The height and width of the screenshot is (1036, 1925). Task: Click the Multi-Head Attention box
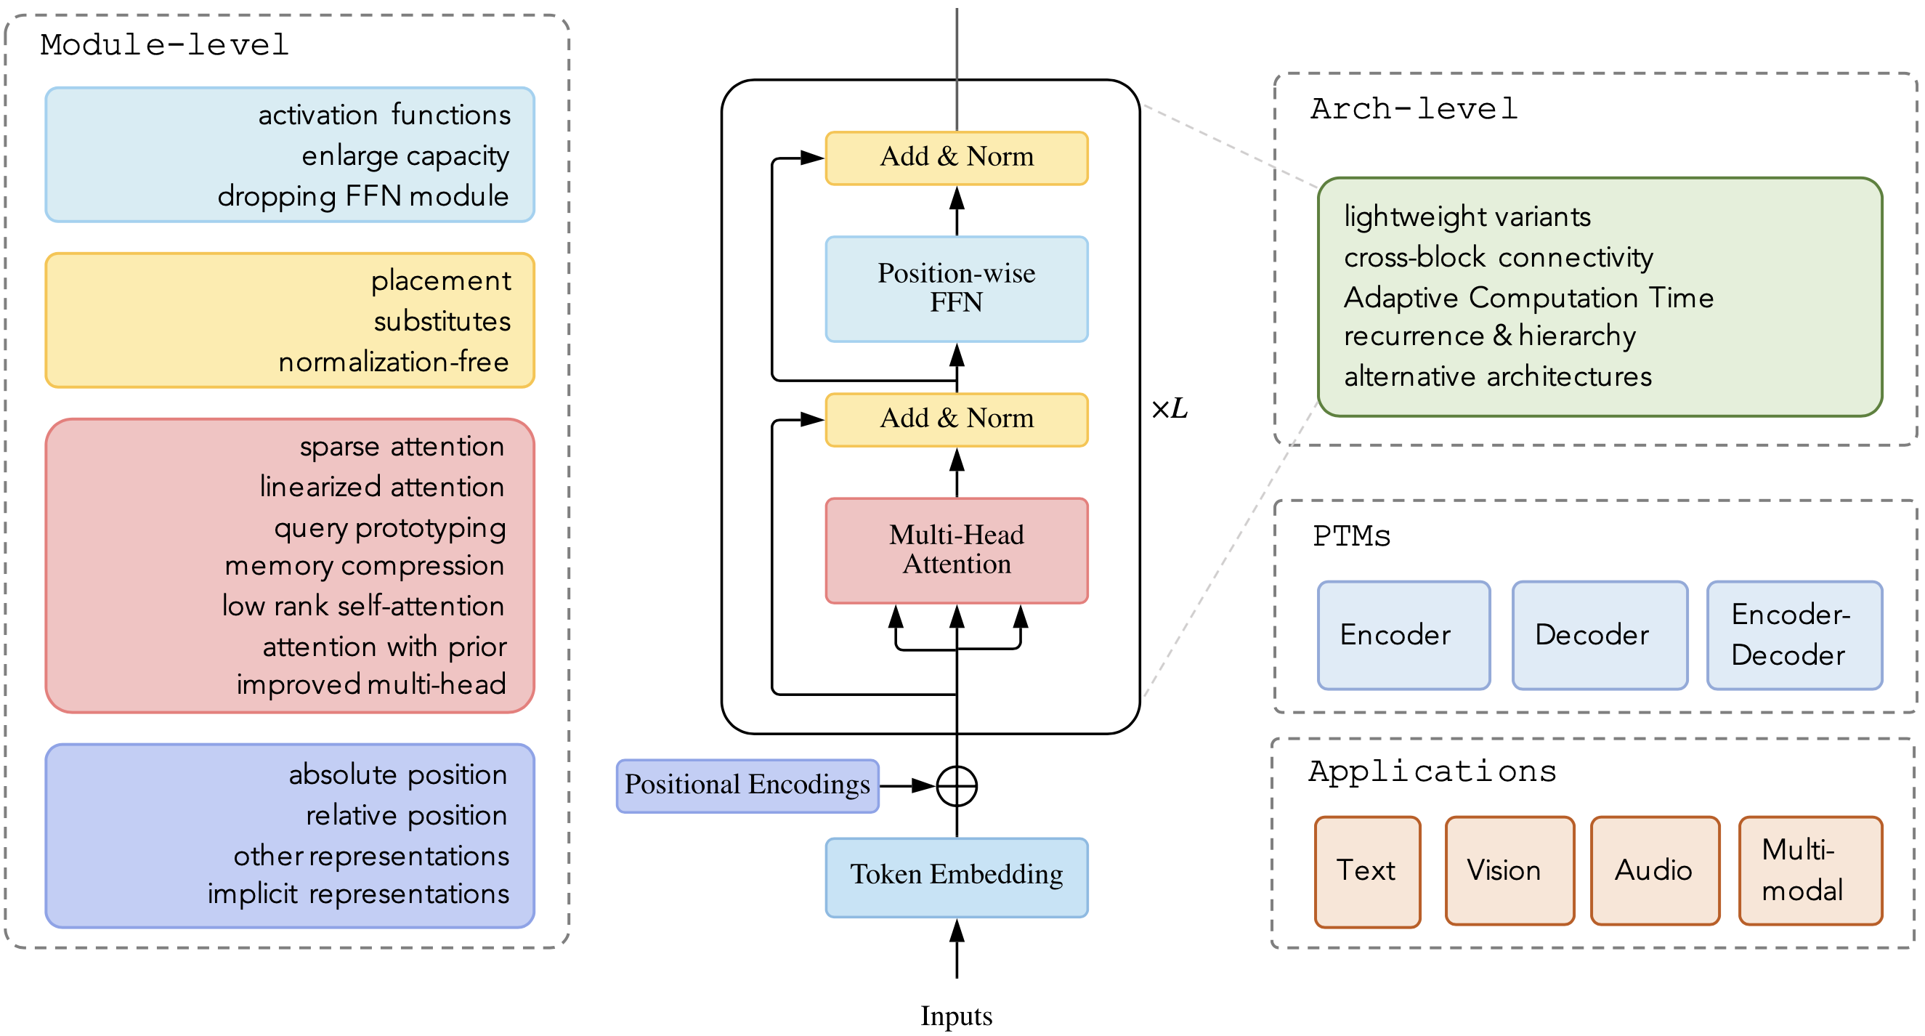tap(957, 550)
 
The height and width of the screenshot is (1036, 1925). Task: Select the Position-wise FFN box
tap(957, 288)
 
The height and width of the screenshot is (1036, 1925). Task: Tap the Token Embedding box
tap(957, 877)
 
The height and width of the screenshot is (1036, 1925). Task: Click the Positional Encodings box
tap(747, 785)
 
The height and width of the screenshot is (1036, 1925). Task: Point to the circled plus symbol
tap(957, 785)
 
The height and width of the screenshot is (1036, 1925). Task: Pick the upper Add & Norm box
tap(957, 158)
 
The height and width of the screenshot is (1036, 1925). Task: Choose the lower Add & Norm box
tap(957, 419)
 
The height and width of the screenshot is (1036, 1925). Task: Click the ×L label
tap(1170, 409)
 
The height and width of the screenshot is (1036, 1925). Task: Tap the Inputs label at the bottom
tap(957, 1016)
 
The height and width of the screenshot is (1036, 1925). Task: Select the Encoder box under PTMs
tap(1403, 635)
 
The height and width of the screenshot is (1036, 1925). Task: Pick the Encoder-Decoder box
tap(1794, 635)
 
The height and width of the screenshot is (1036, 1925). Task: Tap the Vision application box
tap(1509, 870)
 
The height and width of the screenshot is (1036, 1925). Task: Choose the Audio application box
tap(1655, 870)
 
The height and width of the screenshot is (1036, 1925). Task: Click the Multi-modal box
tap(1810, 870)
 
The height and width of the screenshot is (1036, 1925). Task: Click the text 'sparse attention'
tap(402, 446)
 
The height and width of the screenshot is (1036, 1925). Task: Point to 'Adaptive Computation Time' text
tap(1528, 297)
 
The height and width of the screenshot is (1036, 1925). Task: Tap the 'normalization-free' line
tap(394, 362)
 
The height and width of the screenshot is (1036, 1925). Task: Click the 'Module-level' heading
tap(164, 45)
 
